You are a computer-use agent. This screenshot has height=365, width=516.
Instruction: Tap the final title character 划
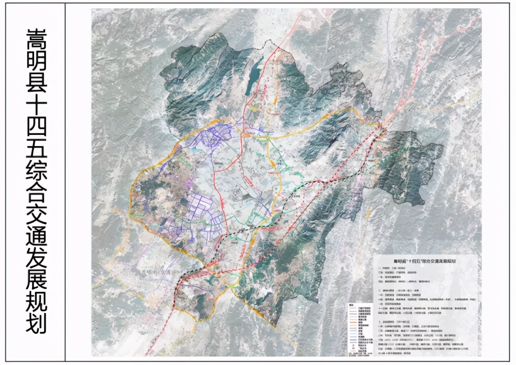[x=36, y=323]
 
